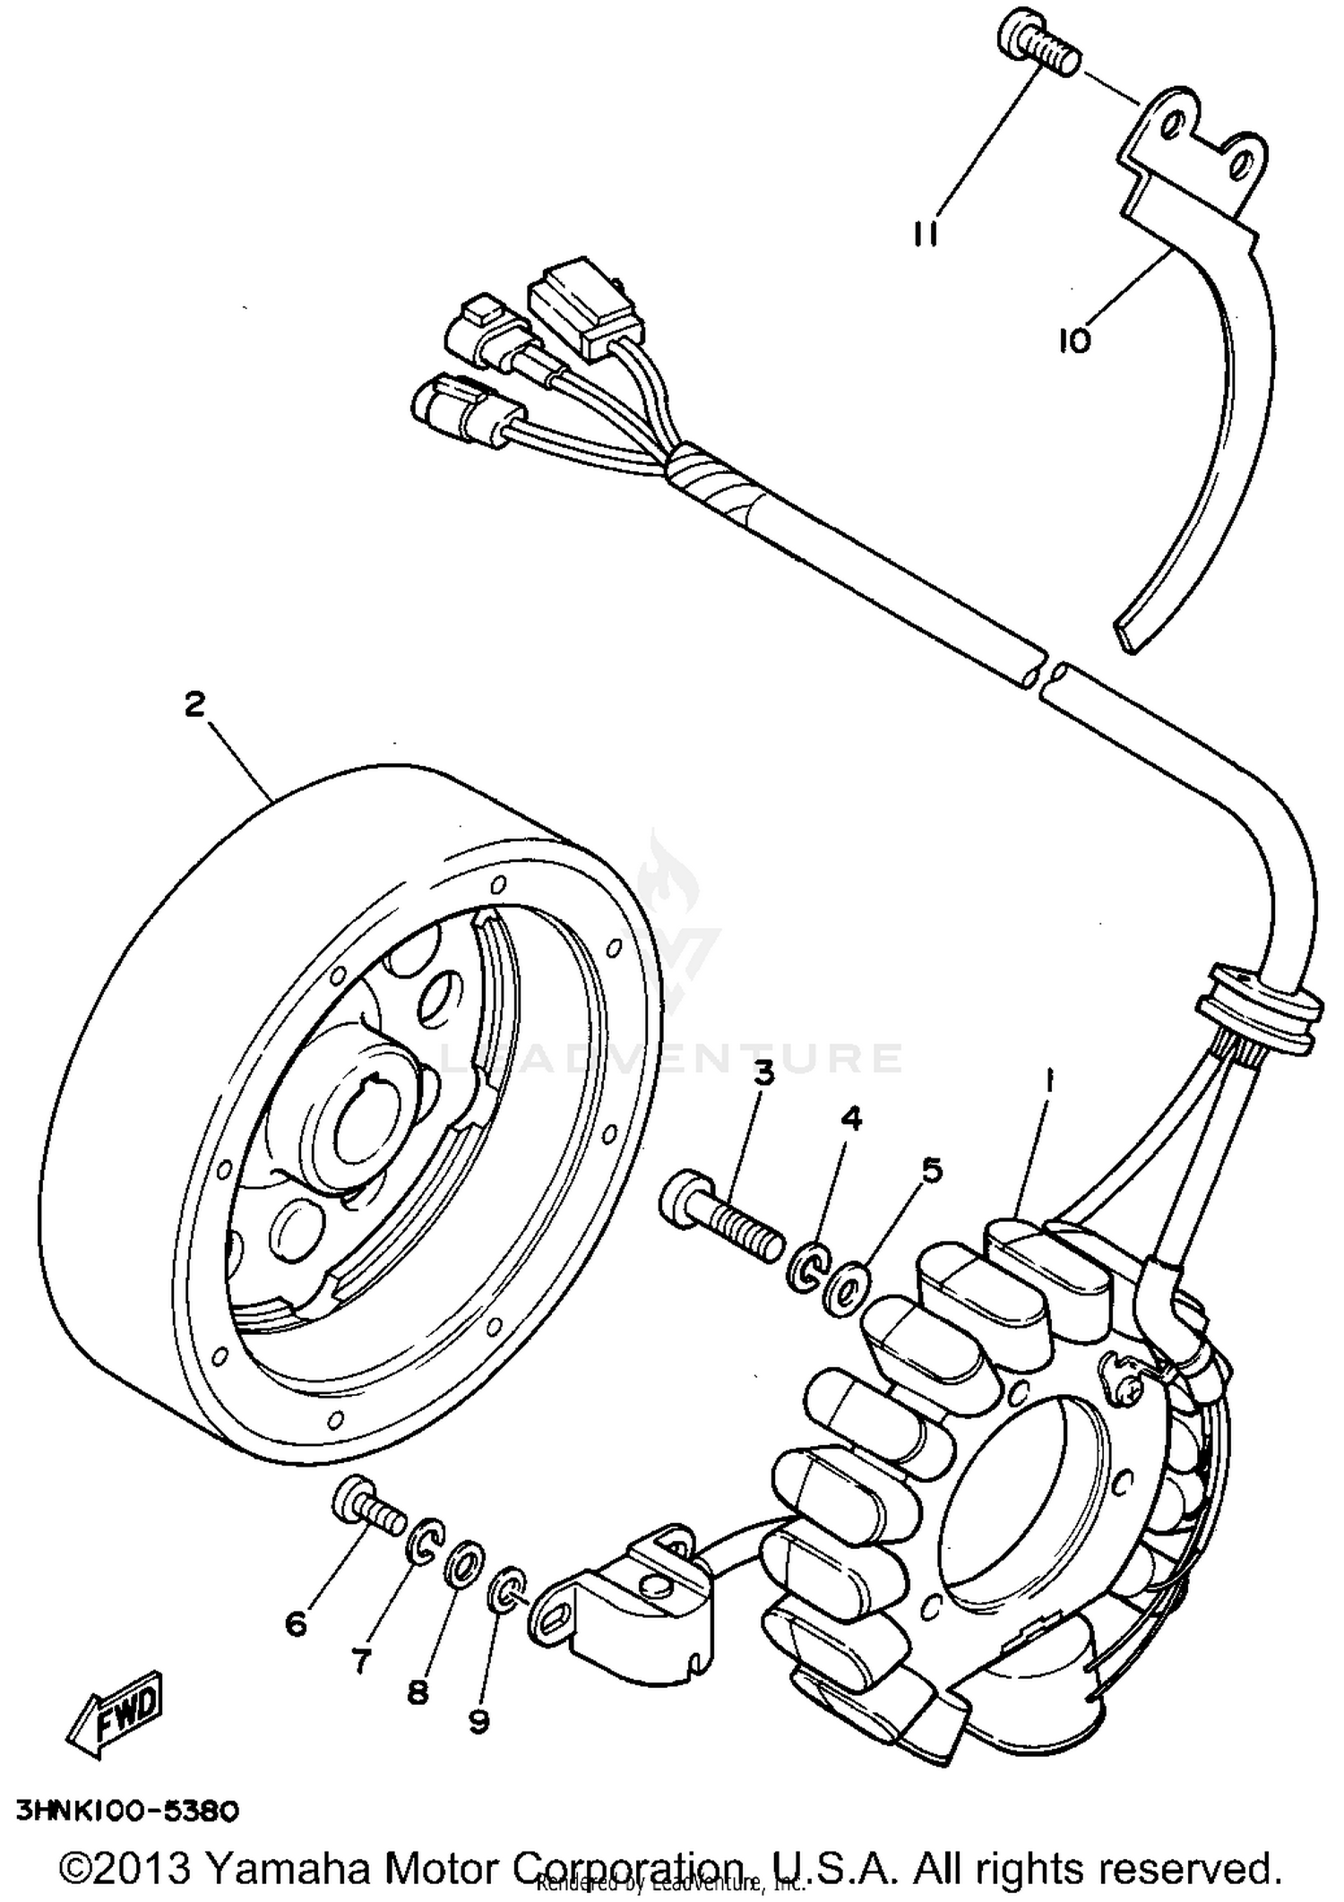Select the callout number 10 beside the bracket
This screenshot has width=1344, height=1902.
[x=1074, y=340]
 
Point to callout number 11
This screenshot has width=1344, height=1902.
[x=926, y=231]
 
